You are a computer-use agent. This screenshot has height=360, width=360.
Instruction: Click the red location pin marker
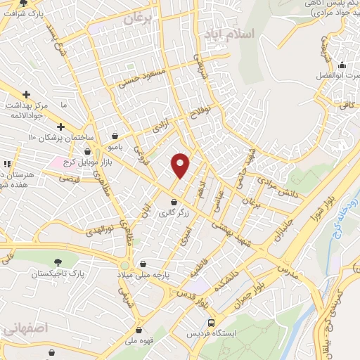point(181,165)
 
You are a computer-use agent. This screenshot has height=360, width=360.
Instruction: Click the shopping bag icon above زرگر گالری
point(173,202)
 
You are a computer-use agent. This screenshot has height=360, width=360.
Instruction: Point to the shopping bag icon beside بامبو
point(115,136)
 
